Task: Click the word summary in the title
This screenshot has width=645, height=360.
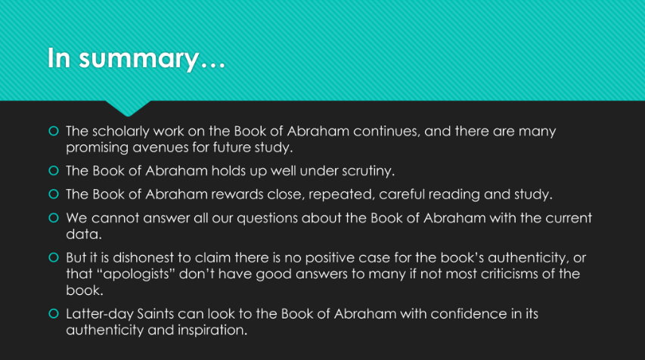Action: pyautogui.click(x=139, y=58)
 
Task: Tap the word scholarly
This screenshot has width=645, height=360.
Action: pyautogui.click(x=121, y=132)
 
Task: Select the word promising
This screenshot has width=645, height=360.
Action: pyautogui.click(x=97, y=148)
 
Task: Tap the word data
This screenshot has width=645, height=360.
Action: pyautogui.click(x=83, y=234)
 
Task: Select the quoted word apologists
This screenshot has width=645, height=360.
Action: pyautogui.click(x=136, y=275)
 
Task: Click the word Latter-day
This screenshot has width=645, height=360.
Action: pyautogui.click(x=100, y=315)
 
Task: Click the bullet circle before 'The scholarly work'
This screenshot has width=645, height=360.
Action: pyautogui.click(x=54, y=132)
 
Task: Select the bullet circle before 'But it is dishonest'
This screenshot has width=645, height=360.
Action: pyautogui.click(x=54, y=258)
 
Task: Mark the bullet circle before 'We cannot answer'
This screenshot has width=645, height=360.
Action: pyautogui.click(x=54, y=218)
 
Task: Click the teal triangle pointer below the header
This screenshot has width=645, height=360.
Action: pyautogui.click(x=128, y=107)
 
